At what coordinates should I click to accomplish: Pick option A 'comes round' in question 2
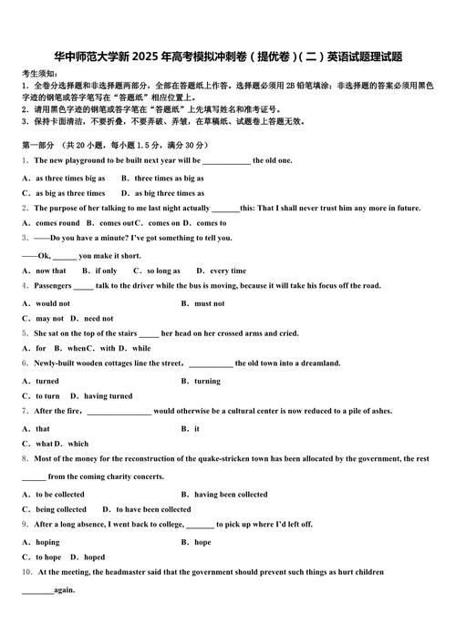click(51, 222)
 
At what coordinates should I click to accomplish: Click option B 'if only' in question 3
click(100, 271)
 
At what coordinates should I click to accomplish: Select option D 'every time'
click(221, 271)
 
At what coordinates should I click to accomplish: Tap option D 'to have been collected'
click(147, 509)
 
